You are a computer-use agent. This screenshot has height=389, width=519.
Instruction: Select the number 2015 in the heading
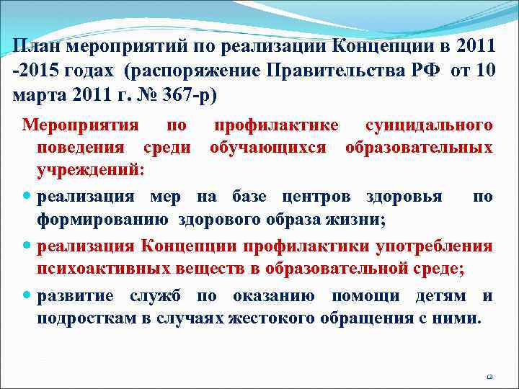35,71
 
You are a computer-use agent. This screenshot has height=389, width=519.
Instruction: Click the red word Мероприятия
80,125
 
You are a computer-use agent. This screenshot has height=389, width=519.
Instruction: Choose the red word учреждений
90,171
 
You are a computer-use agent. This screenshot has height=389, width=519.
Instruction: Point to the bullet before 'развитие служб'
27,296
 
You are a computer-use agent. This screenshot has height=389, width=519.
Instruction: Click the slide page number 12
489,376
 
